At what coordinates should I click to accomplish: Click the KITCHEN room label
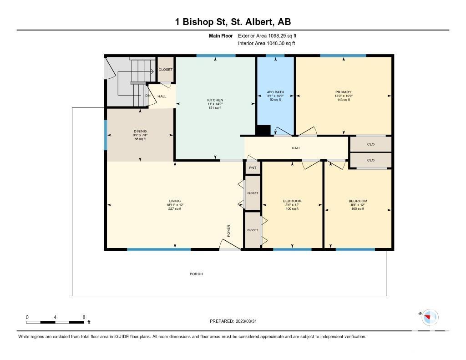(x=215, y=100)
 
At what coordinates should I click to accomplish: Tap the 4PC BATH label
(x=275, y=92)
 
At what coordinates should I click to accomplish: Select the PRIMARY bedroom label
(x=344, y=92)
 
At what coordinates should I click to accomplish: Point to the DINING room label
(x=140, y=131)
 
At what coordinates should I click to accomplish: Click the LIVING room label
(x=175, y=201)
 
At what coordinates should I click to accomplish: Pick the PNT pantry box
(x=253, y=168)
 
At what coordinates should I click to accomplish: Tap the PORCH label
(x=197, y=274)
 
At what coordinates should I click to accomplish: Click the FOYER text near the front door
(x=229, y=231)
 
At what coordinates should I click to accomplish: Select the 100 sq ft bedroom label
(x=292, y=201)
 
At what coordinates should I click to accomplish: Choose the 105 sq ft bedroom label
(x=358, y=201)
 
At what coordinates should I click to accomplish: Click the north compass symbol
(x=430, y=317)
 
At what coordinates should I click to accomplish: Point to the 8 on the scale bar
(x=84, y=317)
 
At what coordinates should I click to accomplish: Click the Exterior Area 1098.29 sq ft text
(x=267, y=36)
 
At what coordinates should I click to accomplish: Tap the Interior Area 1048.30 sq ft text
(x=267, y=43)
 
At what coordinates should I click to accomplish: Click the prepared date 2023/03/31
(x=246, y=321)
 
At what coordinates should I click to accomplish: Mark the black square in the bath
(x=263, y=130)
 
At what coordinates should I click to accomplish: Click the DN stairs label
(x=148, y=96)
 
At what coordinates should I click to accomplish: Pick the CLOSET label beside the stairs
(x=166, y=70)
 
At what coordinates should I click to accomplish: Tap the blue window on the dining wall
(x=106, y=135)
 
